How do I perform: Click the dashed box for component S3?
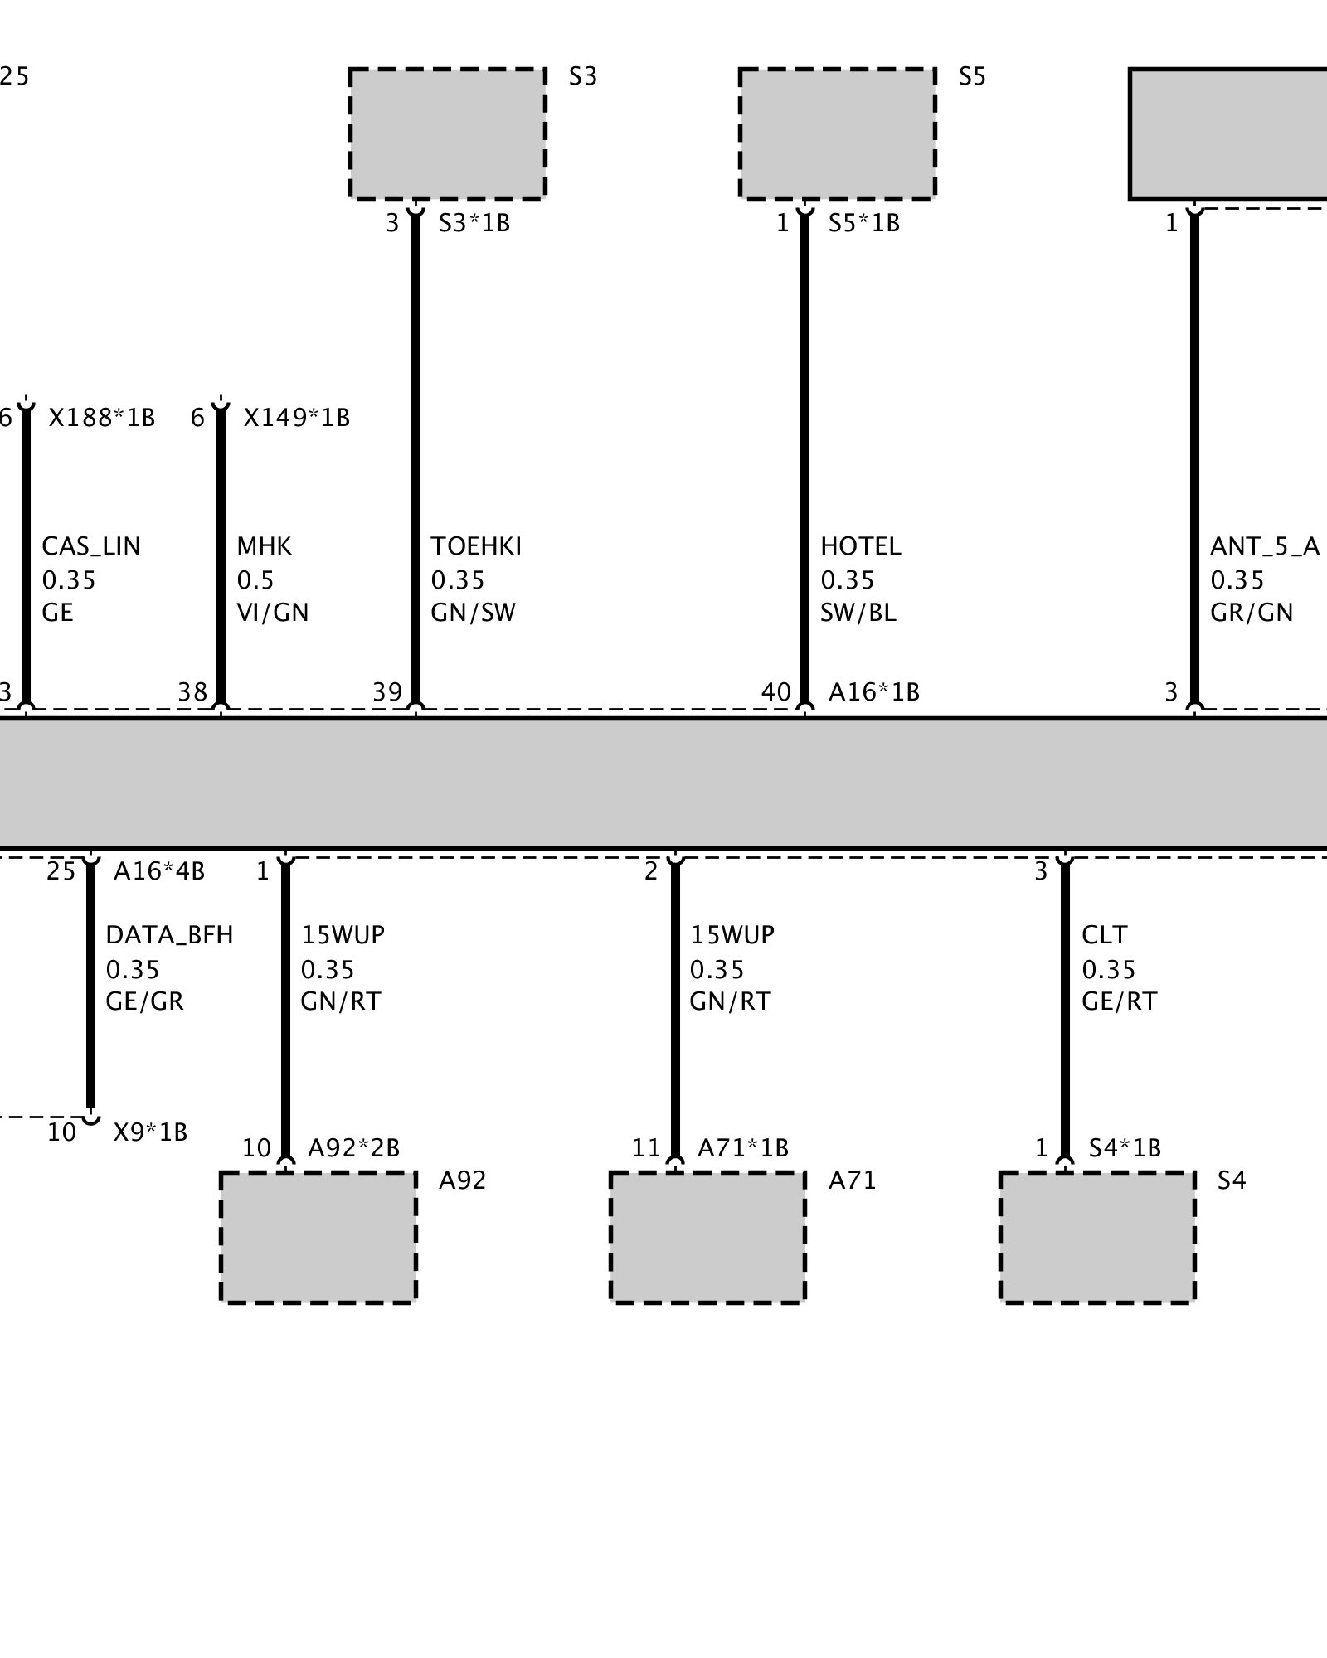447,133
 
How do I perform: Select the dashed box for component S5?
837,133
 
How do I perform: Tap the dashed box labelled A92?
318,1237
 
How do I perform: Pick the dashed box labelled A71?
707,1237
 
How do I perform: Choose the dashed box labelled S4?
1097,1237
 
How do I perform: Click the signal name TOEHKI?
476,546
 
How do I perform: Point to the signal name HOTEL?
860,546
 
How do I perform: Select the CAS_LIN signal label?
91,546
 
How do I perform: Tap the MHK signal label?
264,546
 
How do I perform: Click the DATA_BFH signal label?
169,935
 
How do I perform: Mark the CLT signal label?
1104,935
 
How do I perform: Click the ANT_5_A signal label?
1264,546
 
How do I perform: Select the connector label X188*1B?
102,418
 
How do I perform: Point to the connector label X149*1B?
296,418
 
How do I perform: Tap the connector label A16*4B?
159,871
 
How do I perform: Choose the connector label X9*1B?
150,1132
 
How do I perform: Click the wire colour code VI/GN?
272,613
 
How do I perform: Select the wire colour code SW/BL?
858,613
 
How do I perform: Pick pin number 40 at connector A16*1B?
776,691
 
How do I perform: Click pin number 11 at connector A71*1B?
646,1148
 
